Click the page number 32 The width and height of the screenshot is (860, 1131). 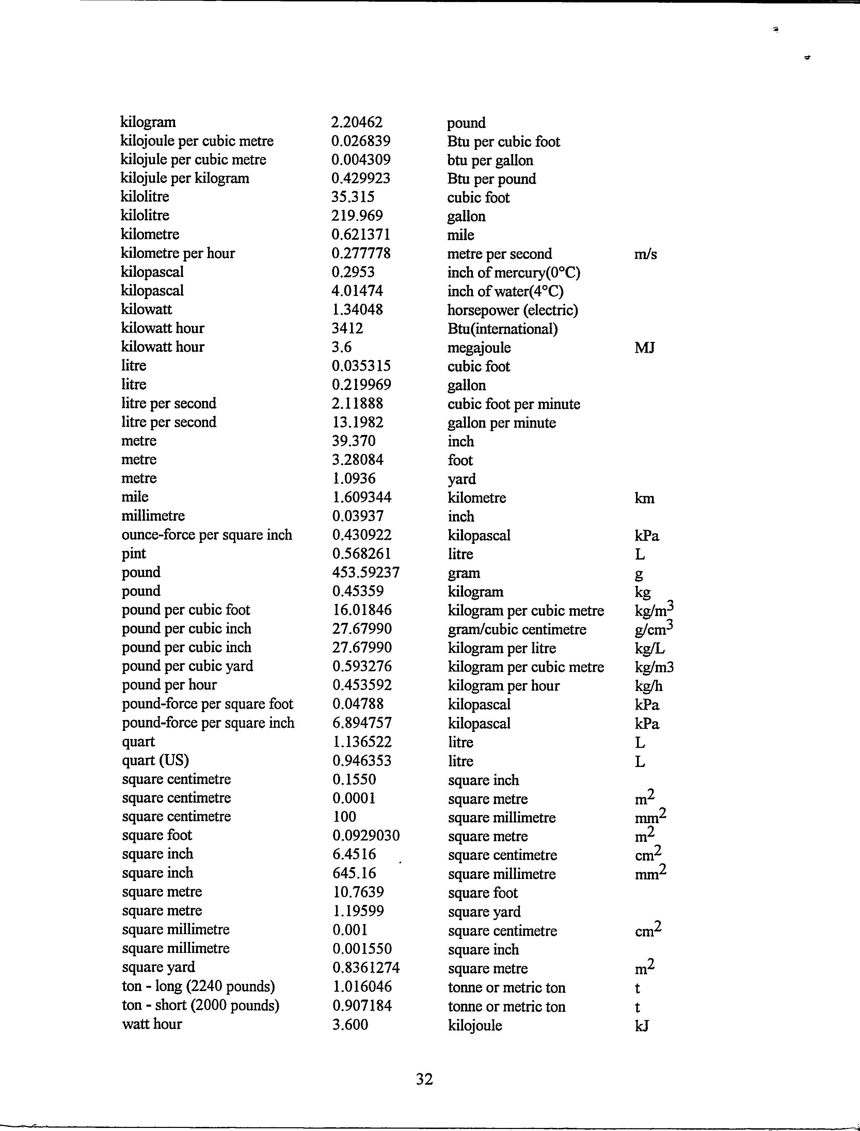point(424,1079)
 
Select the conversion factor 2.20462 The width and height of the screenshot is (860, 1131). point(357,122)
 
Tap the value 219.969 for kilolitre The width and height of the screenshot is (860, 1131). point(357,216)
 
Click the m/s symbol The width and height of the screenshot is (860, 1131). point(645,254)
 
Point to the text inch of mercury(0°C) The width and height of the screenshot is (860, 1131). point(513,272)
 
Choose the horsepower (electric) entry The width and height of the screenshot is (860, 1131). point(512,310)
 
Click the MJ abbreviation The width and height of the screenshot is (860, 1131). point(644,348)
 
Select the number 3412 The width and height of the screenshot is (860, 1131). point(348,328)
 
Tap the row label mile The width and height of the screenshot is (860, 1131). point(134,497)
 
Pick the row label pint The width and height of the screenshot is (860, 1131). point(133,553)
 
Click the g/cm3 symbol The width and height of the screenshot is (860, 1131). point(654,628)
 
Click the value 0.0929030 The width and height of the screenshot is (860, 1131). point(366,836)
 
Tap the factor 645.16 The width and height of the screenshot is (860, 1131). point(354,873)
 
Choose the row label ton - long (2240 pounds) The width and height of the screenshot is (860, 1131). point(198,986)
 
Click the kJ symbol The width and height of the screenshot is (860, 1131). point(641,1025)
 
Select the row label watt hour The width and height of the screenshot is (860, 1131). point(152,1024)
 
